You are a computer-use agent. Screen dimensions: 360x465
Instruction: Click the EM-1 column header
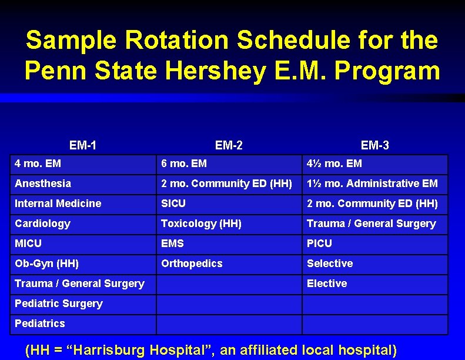(83, 145)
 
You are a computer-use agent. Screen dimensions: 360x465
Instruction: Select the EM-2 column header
(229, 145)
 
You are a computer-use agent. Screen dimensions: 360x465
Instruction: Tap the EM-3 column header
(374, 145)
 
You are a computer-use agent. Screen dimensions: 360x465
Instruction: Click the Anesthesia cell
(43, 184)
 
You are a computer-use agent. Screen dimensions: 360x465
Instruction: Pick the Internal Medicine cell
(58, 204)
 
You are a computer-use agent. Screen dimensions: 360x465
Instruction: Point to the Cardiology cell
(42, 224)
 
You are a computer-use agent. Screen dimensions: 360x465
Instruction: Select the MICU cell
(28, 244)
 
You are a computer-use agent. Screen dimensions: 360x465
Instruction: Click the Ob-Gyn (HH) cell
(47, 264)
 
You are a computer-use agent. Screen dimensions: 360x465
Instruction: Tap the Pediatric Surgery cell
(59, 304)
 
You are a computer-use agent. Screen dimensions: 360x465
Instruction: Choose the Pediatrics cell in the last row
(40, 324)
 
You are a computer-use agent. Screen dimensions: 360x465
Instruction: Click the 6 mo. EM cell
(184, 164)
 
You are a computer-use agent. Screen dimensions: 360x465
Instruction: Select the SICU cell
(173, 204)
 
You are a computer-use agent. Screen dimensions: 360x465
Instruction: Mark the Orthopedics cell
(192, 264)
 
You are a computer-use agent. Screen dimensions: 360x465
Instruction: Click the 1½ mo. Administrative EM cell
(372, 184)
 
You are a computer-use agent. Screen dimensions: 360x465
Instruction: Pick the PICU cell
(319, 244)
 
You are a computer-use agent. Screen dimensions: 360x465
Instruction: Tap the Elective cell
(327, 284)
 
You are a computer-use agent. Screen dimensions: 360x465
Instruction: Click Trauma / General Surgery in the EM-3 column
(372, 224)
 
